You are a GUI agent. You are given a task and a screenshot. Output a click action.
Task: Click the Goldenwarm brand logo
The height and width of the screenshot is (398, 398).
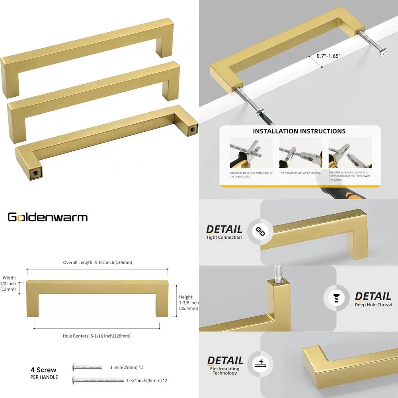pyautogui.click(x=48, y=217)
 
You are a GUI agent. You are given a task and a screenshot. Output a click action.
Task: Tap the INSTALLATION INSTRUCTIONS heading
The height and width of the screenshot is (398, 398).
pyautogui.click(x=299, y=131)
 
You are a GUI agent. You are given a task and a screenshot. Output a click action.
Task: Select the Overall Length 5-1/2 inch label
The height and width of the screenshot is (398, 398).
pyautogui.click(x=98, y=263)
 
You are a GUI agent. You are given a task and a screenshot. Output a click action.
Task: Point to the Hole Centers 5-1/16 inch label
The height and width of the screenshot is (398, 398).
pyautogui.click(x=97, y=336)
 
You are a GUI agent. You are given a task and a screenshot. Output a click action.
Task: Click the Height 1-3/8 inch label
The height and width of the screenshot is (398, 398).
pyautogui.click(x=186, y=302)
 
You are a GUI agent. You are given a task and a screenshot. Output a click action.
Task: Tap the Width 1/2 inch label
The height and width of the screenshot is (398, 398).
pyautogui.click(x=9, y=283)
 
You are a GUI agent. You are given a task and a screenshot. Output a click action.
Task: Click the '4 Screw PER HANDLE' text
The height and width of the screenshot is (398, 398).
pyautogui.click(x=44, y=373)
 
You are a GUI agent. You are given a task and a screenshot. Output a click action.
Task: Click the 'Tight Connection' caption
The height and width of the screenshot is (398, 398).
pyautogui.click(x=224, y=238)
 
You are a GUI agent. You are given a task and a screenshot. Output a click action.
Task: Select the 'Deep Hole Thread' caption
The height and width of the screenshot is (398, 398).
pyautogui.click(x=373, y=305)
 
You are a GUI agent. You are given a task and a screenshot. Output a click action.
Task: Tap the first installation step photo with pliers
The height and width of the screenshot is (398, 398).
pyautogui.click(x=251, y=153)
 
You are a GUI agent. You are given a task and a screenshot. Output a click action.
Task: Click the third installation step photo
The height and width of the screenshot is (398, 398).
pyautogui.click(x=349, y=153)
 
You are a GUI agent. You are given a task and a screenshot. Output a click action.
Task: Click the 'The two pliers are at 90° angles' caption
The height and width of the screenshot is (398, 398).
pyautogui.click(x=300, y=173)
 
